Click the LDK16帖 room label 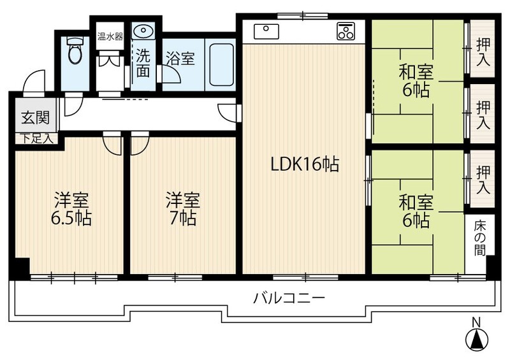[x=304, y=164]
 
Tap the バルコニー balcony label [x=289, y=298]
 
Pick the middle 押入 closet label [x=483, y=115]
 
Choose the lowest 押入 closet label [x=483, y=180]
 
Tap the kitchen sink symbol [x=265, y=30]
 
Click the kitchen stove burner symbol [x=345, y=30]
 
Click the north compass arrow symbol [x=476, y=337]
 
